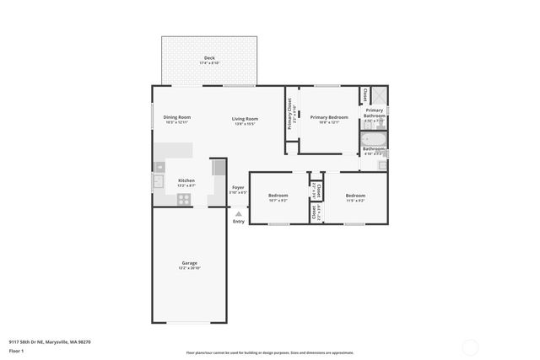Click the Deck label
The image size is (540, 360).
pos(208,59)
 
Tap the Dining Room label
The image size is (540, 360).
pos(177,119)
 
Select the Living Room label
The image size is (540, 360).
pos(245,120)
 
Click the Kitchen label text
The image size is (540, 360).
pos(186,181)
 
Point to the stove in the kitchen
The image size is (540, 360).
pos(185,200)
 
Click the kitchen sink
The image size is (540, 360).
pos(158,180)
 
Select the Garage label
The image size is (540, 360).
pos(189,264)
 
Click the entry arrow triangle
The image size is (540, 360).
pos(238,214)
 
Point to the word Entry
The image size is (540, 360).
pos(239,222)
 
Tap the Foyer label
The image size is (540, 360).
pos(238,189)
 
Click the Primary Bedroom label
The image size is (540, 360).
pos(329,118)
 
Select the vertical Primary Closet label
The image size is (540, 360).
pos(290,113)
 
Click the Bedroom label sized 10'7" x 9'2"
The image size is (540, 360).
pos(278,196)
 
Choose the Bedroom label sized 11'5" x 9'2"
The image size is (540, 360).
pos(355,196)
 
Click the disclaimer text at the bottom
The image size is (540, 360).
pos(270,352)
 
